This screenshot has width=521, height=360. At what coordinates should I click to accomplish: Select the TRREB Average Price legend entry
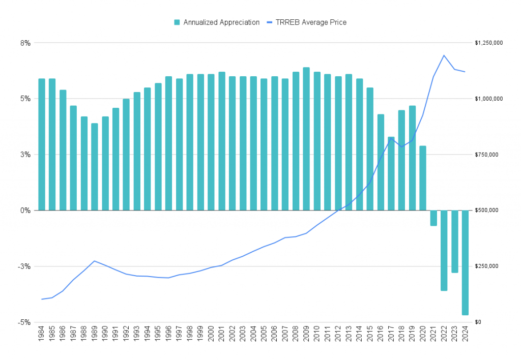coord(310,22)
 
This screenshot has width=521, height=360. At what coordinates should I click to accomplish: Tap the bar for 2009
coord(306,139)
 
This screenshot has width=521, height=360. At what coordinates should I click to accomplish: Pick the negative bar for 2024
coord(465,262)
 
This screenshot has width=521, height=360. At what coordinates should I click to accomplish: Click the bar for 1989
coord(95,167)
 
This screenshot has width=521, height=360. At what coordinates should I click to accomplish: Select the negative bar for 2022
coord(444,250)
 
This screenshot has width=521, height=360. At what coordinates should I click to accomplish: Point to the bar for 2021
coord(433,218)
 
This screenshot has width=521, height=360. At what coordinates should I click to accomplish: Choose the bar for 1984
coord(42,144)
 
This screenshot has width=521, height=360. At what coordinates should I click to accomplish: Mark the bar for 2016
coord(381,162)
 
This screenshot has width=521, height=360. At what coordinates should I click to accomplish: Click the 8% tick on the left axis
coord(25,43)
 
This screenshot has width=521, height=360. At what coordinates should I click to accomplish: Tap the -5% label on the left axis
coord(24,322)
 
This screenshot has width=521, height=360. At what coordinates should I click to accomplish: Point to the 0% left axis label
coord(25,211)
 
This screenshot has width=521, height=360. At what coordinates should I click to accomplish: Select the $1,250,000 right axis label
coord(488,43)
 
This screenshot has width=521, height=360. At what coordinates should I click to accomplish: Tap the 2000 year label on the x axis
coord(211,337)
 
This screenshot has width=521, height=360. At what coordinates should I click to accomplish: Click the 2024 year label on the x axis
coord(465,337)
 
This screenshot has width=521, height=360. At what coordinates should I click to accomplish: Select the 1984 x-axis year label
coord(42,337)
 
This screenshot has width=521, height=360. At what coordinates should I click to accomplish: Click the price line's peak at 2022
coord(444,55)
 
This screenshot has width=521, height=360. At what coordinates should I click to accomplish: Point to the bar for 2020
coord(423,178)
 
